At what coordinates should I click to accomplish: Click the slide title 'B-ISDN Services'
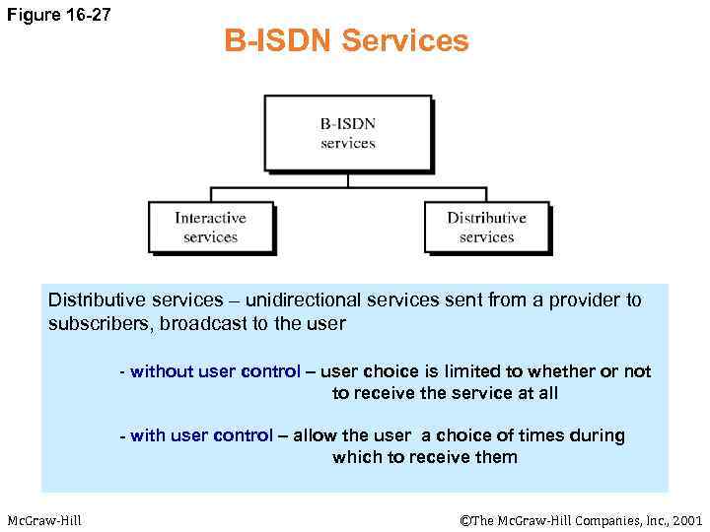click(x=346, y=41)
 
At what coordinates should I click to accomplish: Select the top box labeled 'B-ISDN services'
click(x=347, y=133)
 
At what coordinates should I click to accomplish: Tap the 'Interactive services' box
click(x=210, y=227)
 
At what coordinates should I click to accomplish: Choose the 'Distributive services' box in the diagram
click(x=486, y=227)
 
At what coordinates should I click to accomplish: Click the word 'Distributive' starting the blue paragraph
click(x=94, y=300)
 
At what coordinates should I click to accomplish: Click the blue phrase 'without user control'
click(x=215, y=371)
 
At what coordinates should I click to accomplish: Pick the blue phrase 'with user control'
click(x=201, y=435)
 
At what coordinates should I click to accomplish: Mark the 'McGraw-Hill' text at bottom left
click(x=44, y=520)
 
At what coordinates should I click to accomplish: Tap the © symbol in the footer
click(x=464, y=520)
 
